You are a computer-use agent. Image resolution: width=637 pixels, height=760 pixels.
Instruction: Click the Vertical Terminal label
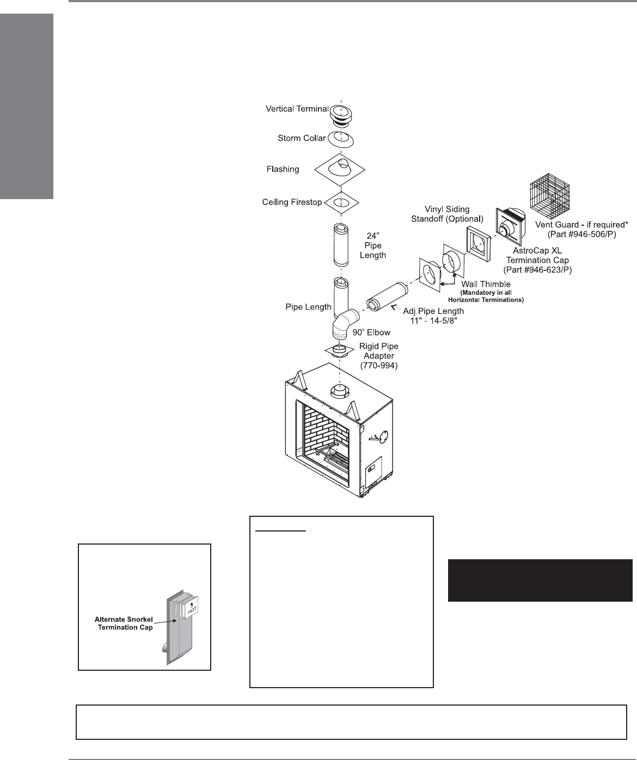[x=297, y=109]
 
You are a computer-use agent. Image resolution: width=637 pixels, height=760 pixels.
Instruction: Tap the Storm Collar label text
[x=302, y=138]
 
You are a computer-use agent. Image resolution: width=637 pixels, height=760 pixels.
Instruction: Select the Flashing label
[x=283, y=169]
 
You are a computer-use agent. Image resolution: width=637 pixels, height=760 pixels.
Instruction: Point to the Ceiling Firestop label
[x=292, y=202]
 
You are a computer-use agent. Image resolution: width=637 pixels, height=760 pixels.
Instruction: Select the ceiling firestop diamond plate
[x=341, y=203]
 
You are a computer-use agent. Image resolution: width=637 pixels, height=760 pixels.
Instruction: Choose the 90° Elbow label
[x=372, y=332]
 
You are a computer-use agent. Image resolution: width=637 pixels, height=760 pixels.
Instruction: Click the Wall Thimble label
[x=486, y=285]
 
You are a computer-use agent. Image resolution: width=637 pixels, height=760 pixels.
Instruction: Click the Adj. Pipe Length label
[x=433, y=316]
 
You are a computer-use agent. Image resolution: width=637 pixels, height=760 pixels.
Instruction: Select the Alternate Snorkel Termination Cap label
[x=124, y=623]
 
